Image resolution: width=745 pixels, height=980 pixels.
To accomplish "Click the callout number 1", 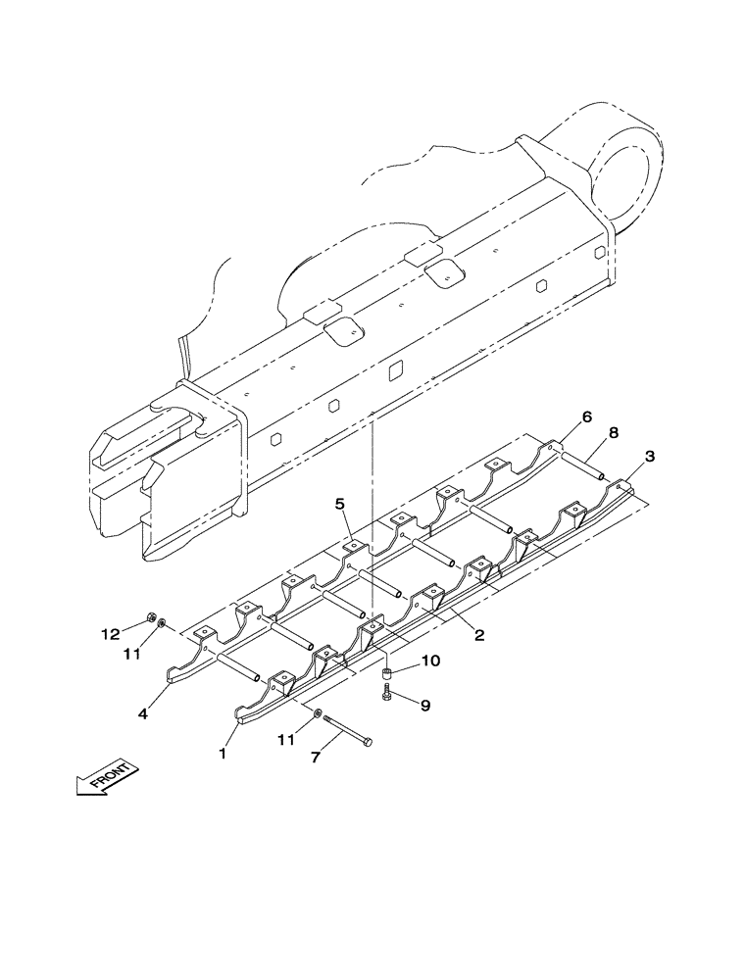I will [x=223, y=755].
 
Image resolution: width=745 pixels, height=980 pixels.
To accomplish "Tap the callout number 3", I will [x=651, y=457].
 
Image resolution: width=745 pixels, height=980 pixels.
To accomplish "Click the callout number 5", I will [x=340, y=505].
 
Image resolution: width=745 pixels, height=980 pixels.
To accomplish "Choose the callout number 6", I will [x=586, y=417].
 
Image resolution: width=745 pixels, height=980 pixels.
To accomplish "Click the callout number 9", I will [x=425, y=704].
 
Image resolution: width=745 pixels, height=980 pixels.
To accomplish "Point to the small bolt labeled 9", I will [x=388, y=694].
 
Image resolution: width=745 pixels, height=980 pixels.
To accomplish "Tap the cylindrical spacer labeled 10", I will [x=388, y=672].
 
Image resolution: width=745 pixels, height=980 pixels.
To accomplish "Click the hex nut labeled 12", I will [x=151, y=617].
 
